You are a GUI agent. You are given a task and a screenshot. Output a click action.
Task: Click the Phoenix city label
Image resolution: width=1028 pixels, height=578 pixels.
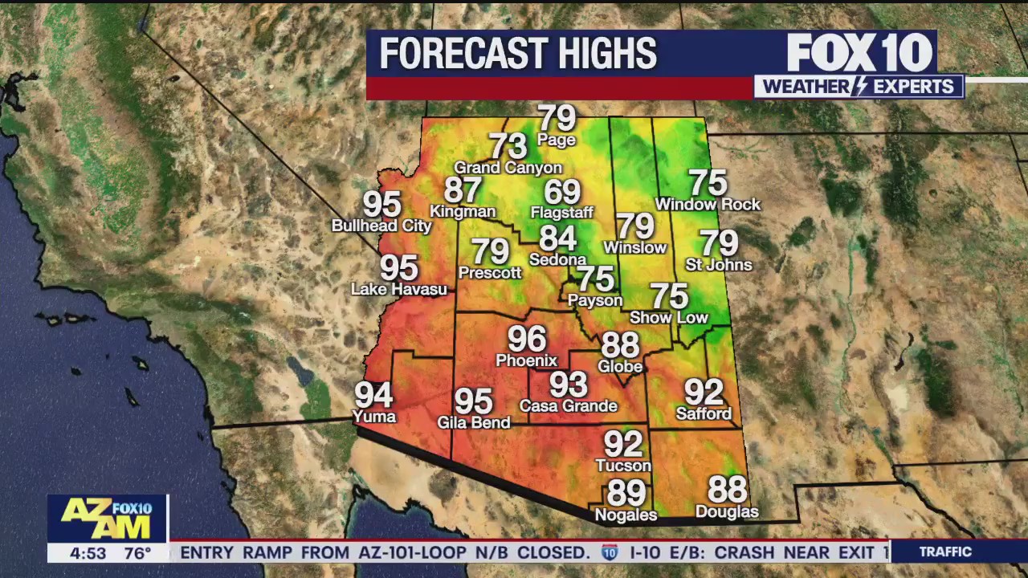[x=526, y=360]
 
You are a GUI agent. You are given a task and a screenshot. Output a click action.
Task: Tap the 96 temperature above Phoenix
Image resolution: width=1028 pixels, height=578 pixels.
[x=526, y=339]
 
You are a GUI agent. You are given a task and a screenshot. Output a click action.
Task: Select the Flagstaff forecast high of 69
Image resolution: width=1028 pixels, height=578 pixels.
[x=562, y=193]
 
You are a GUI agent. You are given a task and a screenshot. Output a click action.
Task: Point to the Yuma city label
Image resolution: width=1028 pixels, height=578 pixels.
[x=374, y=416]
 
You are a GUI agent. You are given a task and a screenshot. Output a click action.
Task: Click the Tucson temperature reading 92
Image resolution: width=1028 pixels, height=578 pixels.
[x=623, y=444]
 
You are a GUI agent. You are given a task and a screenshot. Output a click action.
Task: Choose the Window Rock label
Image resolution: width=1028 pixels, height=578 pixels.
[x=708, y=205]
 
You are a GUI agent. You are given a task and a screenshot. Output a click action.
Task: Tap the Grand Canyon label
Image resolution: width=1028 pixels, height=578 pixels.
[x=508, y=168]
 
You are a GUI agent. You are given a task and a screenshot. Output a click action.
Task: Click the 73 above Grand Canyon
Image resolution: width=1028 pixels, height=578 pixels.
[x=508, y=146]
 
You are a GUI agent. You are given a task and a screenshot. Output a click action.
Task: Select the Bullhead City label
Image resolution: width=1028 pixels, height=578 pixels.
[x=381, y=226]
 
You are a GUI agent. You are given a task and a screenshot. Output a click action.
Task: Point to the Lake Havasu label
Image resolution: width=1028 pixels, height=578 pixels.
[x=399, y=289]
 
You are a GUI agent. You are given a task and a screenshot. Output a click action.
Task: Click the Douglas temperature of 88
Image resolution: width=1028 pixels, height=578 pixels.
[x=727, y=489]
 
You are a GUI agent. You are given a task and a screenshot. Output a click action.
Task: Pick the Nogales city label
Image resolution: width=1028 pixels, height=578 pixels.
[x=626, y=515]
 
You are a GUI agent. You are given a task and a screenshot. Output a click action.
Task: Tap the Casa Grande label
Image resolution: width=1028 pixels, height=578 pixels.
[x=568, y=405]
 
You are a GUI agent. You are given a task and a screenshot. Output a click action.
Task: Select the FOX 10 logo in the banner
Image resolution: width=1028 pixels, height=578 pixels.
[x=859, y=53]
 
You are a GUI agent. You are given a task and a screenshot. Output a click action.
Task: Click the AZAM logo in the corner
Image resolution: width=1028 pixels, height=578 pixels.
[x=106, y=519]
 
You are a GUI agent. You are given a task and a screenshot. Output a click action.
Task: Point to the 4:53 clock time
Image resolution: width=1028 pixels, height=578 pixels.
[x=88, y=553]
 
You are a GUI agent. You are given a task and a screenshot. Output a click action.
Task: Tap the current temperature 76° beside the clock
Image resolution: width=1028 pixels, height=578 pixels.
[x=137, y=553]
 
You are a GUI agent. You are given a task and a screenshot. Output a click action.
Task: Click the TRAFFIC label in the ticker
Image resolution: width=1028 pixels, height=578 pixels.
[x=945, y=552]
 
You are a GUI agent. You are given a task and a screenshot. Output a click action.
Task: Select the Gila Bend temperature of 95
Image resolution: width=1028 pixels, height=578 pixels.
[x=473, y=401]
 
